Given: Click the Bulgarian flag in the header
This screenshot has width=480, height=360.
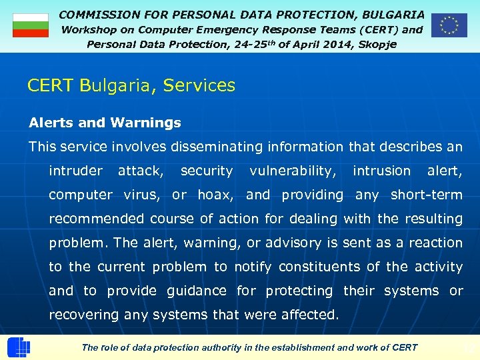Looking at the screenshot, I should [x=31, y=25].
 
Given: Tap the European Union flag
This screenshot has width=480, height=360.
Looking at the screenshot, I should [x=449, y=25].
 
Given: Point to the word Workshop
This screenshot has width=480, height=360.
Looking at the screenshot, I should [x=88, y=29].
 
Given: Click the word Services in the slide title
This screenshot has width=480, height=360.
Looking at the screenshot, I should [x=199, y=85].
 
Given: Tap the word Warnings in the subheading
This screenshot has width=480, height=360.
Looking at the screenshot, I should [x=146, y=123].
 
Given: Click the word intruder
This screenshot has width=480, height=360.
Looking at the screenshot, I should [x=76, y=171].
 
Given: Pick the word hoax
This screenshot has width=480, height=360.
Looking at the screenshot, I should [x=215, y=195].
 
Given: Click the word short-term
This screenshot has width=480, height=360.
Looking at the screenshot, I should [x=426, y=195].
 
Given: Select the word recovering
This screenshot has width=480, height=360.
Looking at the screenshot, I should [x=84, y=315].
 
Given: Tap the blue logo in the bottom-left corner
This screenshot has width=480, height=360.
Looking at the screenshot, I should [x=18, y=347].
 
